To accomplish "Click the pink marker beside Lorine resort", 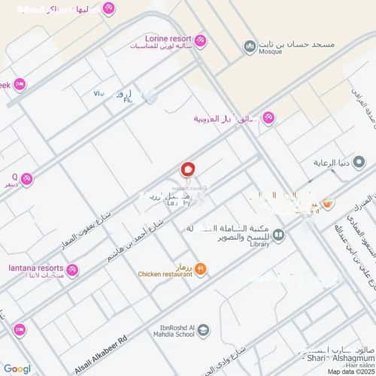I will tap(202, 39).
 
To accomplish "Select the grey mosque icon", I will tap(249, 47).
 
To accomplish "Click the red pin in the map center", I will tap(188, 171).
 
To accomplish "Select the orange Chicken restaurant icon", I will tap(201, 268).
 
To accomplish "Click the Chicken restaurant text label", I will tap(165, 274).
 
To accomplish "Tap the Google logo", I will tap(17, 369).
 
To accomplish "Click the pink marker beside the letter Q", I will tap(27, 178).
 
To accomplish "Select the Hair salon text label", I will tap(353, 366).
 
